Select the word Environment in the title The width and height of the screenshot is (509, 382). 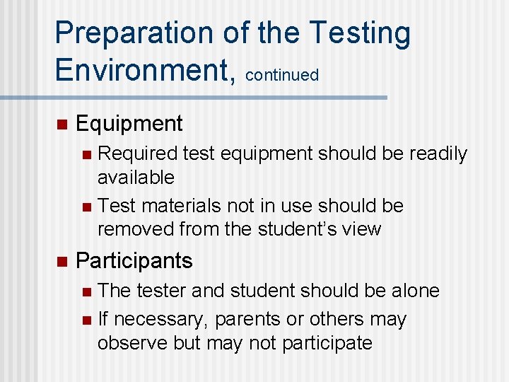click(x=142, y=70)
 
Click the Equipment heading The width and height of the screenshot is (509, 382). click(x=129, y=124)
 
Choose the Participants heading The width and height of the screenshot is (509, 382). click(x=134, y=261)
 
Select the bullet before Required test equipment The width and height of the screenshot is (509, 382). click(x=86, y=154)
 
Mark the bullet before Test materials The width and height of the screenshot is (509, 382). click(x=86, y=207)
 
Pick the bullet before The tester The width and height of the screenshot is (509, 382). click(x=86, y=291)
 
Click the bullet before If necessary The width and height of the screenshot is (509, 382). click(x=86, y=320)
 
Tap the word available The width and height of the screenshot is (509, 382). click(x=136, y=177)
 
